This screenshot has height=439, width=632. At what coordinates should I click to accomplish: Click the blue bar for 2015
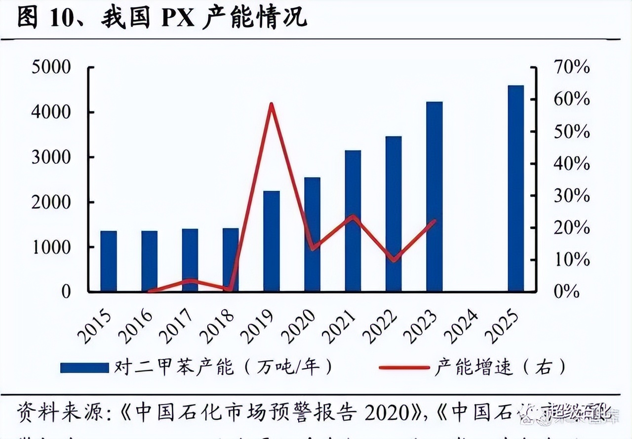tap(109, 261)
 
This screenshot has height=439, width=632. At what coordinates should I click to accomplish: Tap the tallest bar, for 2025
tap(515, 188)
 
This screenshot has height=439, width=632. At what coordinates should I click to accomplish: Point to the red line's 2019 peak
tap(271, 104)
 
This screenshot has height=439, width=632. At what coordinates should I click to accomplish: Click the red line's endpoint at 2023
tap(435, 221)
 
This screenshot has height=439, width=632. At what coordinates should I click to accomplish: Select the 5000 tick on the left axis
tap(51, 68)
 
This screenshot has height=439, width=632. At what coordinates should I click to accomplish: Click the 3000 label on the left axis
tap(51, 157)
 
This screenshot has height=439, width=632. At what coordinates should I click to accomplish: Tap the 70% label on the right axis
tap(571, 68)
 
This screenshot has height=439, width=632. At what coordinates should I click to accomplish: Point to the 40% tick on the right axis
tap(571, 164)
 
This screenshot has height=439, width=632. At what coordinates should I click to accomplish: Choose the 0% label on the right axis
tap(566, 292)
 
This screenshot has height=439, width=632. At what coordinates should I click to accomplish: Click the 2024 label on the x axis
tap(460, 327)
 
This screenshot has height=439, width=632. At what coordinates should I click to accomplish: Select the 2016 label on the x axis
tap(134, 327)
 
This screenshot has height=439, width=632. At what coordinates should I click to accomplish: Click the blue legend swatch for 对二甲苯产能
tap(84, 367)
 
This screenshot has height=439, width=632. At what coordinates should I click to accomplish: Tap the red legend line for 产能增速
tap(404, 367)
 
